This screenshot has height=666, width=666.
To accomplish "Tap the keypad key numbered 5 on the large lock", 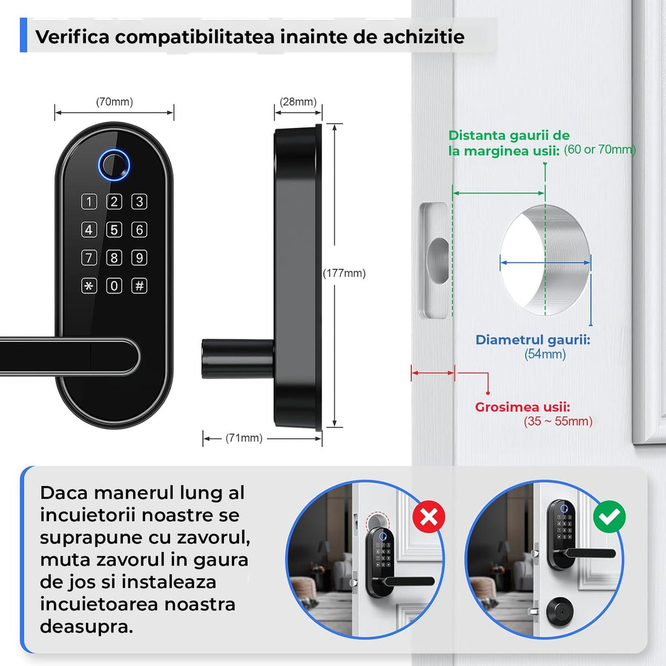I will (114, 230).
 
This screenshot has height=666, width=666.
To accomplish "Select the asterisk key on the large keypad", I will (89, 285).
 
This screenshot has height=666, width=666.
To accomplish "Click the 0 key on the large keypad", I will (114, 285).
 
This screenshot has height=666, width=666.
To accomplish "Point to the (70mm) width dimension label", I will (114, 102).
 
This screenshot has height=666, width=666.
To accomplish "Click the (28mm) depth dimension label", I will (298, 102).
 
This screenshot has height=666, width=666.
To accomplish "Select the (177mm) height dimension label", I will (344, 273).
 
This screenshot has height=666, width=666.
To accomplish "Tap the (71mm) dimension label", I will (244, 438).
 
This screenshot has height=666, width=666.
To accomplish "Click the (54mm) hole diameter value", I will (545, 354).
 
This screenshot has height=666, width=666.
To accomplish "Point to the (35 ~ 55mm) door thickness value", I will (558, 421).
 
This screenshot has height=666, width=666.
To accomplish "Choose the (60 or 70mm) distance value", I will (599, 150).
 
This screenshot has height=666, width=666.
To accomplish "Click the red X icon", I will (429, 516).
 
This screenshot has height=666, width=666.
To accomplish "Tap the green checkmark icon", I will (609, 516).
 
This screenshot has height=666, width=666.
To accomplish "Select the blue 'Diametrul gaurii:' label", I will (533, 339).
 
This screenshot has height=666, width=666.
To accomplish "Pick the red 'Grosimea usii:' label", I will (523, 407).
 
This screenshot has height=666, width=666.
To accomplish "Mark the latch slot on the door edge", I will (436, 261).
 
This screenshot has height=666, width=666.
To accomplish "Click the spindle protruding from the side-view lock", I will (236, 359).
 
